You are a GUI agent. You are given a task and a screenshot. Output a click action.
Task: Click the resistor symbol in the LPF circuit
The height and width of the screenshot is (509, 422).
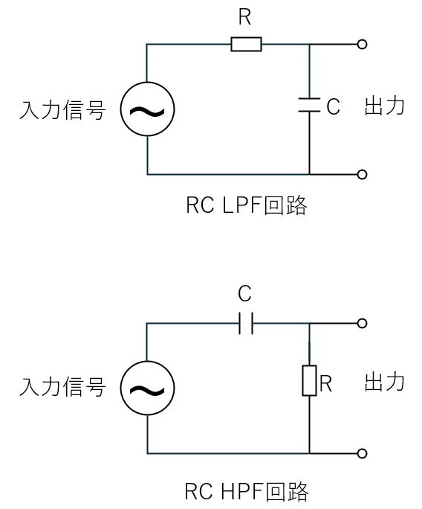246,44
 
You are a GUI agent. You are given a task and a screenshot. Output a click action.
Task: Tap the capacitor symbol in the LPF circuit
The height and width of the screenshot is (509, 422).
309,105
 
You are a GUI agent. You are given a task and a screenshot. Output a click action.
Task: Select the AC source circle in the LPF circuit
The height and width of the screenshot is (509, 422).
147,109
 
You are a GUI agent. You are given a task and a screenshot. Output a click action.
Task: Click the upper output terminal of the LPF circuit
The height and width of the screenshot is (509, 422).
362,44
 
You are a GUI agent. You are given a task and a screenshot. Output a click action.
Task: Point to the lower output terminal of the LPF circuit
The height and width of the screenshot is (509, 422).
362,174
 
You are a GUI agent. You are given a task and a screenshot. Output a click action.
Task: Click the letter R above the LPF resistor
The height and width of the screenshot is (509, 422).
245,17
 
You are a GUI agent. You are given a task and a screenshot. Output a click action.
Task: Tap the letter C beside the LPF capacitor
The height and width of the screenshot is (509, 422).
333,106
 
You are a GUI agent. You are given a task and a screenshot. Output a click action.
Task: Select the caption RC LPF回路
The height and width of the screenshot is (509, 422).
247,205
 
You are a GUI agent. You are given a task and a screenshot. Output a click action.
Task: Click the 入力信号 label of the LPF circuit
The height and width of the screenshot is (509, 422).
62,109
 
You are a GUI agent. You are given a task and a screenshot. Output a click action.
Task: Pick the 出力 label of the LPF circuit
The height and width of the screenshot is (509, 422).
384,106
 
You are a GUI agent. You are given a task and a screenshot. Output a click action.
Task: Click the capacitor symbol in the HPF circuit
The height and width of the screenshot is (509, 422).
246,323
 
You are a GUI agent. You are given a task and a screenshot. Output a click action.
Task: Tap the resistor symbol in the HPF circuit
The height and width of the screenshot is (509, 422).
309,380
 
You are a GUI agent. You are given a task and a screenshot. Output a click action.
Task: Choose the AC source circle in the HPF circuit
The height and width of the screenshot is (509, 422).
147,388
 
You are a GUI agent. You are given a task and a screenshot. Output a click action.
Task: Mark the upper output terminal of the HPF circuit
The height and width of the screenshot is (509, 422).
362,323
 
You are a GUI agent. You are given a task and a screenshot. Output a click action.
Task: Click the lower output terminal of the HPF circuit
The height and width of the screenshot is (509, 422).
362,453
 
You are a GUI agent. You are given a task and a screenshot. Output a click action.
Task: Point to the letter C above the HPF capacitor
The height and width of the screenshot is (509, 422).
244,293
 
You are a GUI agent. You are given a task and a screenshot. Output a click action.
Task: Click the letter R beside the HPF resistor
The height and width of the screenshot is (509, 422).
325,384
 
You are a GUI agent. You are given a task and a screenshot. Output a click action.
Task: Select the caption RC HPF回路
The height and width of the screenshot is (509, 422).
247,491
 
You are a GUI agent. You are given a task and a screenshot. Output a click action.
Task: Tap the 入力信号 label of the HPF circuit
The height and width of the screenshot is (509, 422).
62,386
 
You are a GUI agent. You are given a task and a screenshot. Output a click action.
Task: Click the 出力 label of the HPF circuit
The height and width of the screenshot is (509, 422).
384,382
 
